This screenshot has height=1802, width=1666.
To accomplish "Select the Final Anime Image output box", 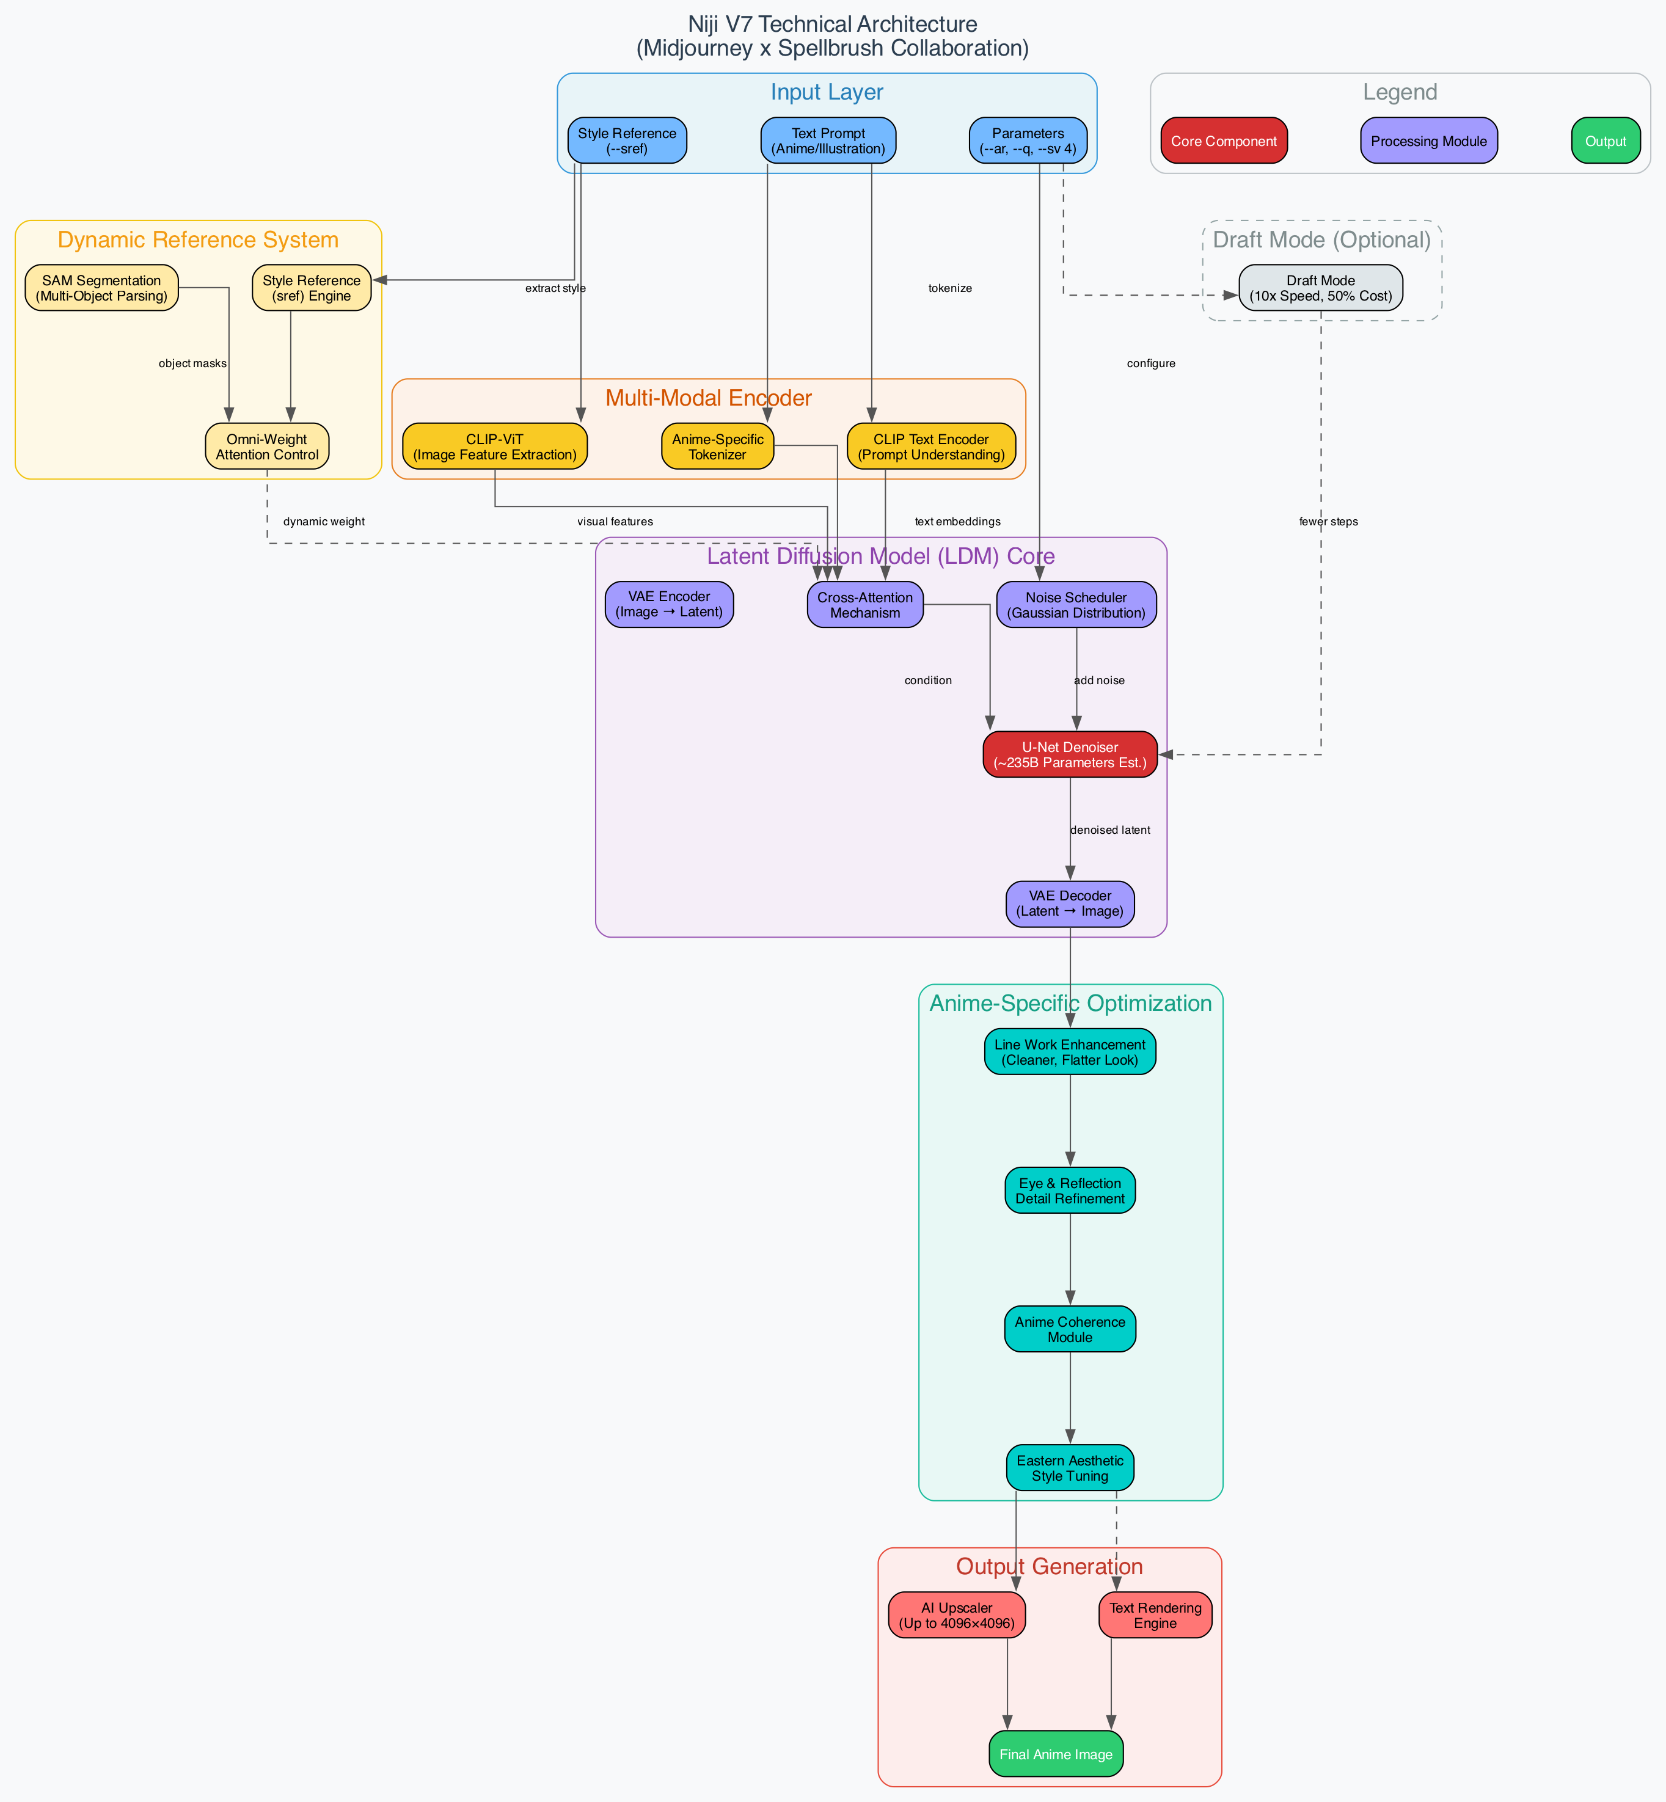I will (x=1055, y=1754).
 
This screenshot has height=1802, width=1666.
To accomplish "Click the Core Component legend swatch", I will (x=1222, y=140).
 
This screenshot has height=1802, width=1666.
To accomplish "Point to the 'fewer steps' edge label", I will (x=1328, y=522).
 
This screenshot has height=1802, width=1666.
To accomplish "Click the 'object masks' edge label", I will (x=192, y=364).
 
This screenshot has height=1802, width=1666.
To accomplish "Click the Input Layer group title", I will (x=826, y=93).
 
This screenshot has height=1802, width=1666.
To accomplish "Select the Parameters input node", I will (x=1027, y=140).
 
